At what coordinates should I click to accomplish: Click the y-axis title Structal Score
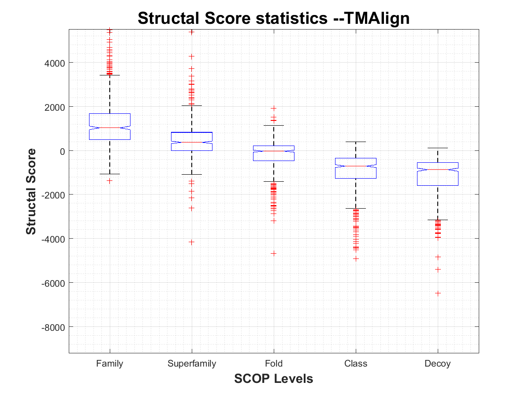[x=31, y=191]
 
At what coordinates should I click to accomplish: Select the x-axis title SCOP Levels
[x=273, y=378]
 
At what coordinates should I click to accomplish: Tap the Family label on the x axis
[x=110, y=364]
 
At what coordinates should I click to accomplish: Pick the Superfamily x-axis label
[x=192, y=364]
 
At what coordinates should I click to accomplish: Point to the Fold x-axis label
[x=274, y=364]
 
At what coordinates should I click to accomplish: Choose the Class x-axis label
[x=356, y=364]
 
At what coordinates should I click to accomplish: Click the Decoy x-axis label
[x=438, y=364]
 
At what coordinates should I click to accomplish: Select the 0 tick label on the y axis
[x=63, y=151]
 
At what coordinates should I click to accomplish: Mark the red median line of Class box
[x=356, y=166]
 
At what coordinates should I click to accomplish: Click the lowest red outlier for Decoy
[x=438, y=293]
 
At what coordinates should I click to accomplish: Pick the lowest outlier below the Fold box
[x=274, y=253]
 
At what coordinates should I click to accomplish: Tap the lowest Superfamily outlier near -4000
[x=192, y=242]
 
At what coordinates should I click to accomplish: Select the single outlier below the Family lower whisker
[x=110, y=180]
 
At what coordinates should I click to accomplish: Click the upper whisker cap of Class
[x=356, y=142]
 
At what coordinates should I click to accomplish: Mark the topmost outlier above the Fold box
[x=274, y=108]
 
